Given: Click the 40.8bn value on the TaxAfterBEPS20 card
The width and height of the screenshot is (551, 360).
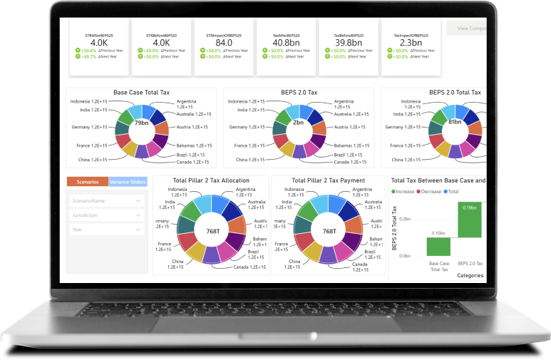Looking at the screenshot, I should (x=286, y=42).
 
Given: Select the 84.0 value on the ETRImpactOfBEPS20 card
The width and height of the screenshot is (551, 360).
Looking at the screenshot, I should (x=224, y=42).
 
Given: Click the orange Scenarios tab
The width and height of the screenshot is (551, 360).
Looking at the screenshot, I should (x=87, y=182).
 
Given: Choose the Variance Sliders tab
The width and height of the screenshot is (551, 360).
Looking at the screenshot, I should (x=128, y=182).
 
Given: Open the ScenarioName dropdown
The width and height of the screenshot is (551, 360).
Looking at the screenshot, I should (x=105, y=201).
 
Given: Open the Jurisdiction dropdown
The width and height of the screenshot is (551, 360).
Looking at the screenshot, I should (x=105, y=215).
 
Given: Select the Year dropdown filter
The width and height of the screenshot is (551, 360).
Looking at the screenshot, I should (x=105, y=230).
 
